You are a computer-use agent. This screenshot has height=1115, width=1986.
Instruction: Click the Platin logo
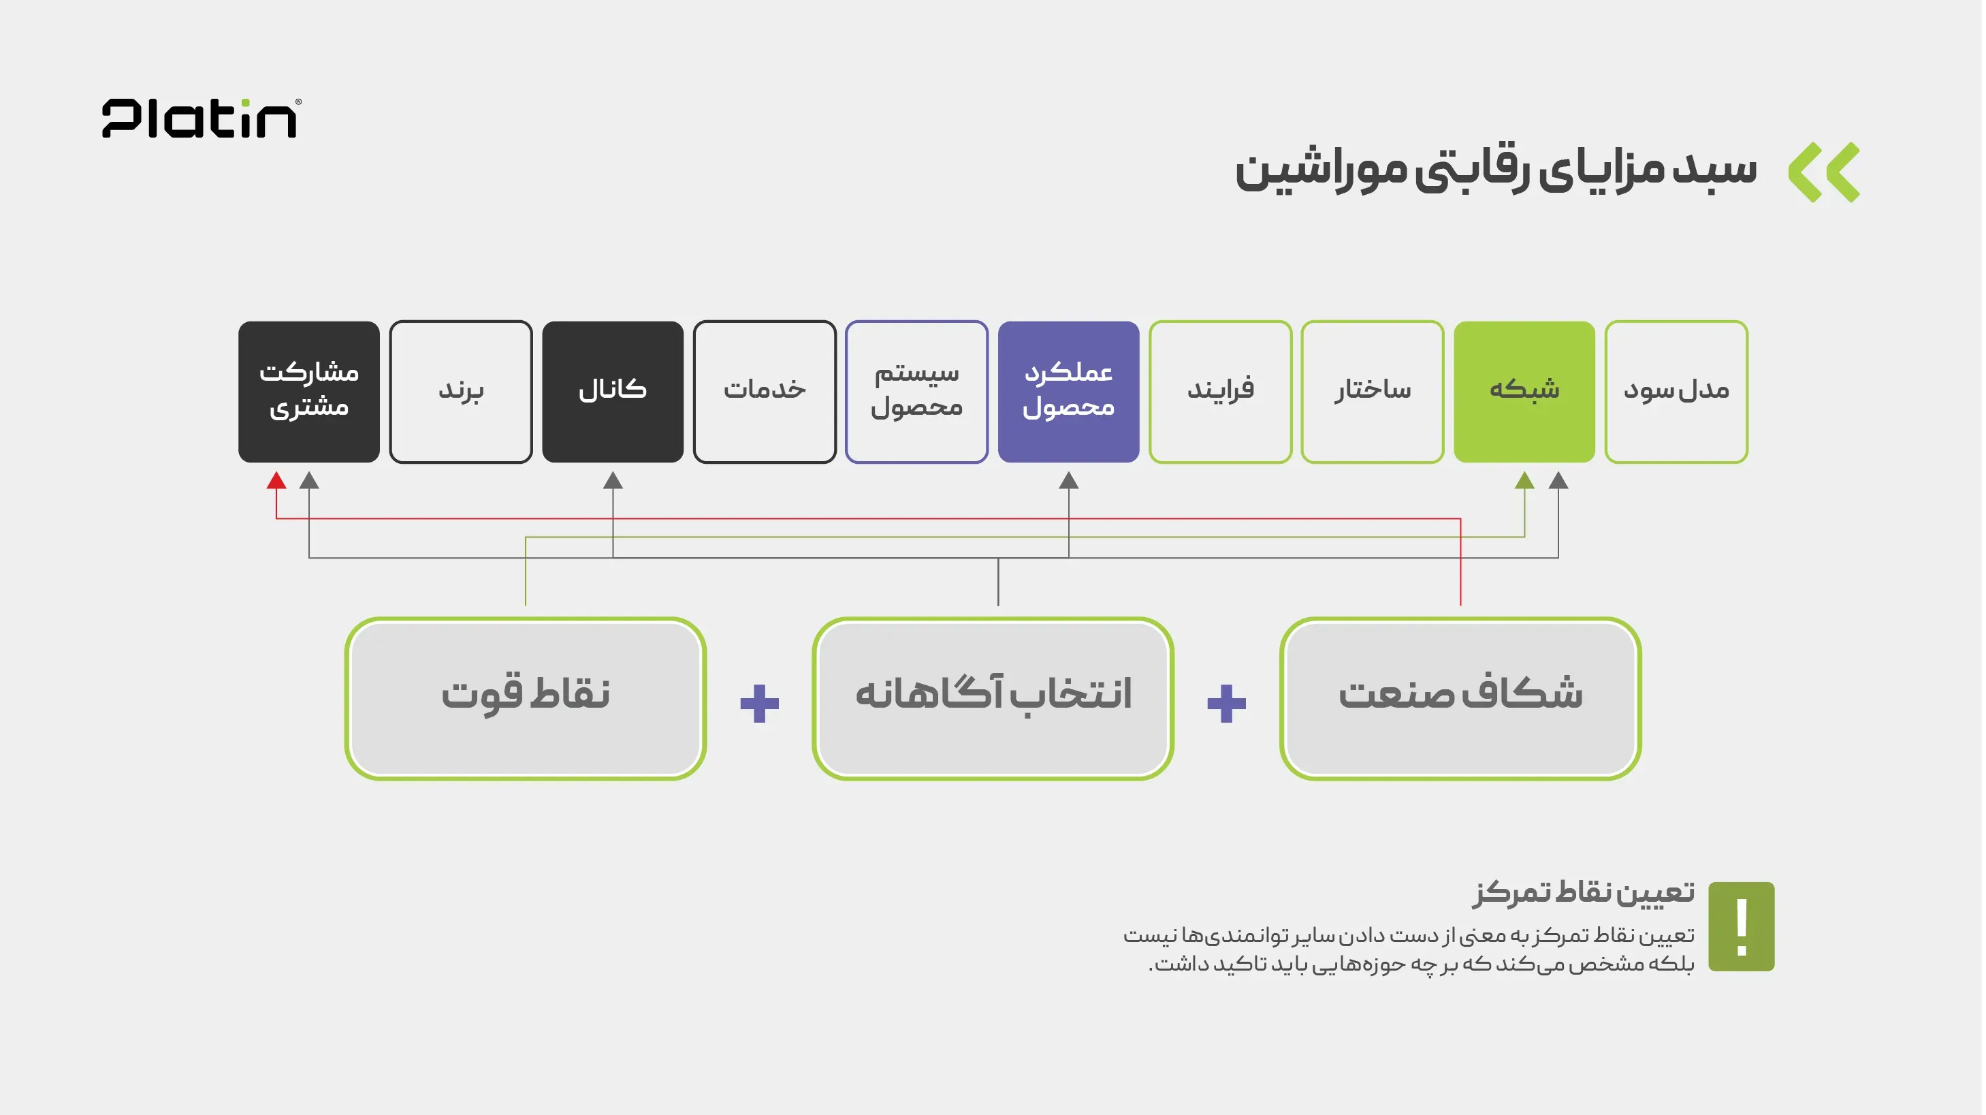pos(202,118)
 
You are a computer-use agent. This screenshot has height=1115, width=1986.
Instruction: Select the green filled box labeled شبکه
pos(1524,392)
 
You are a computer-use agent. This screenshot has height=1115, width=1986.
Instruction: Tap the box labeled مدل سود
pos(1676,392)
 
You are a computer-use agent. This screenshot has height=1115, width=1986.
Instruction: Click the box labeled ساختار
pos(1373,392)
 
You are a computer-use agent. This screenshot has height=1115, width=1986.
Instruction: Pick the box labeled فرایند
pos(1221,392)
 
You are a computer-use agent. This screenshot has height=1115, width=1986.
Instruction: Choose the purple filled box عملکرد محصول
pos(1068,392)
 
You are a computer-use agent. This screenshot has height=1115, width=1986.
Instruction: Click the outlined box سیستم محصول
pos(916,392)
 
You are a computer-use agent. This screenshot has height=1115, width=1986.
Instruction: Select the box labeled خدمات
pos(765,392)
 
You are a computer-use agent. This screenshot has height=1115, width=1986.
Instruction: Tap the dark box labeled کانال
pos(613,392)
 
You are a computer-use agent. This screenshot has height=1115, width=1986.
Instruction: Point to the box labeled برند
pos(461,392)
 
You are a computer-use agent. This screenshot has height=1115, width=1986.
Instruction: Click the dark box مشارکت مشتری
pos(309,392)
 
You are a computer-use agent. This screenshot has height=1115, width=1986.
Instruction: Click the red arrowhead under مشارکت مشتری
pos(276,480)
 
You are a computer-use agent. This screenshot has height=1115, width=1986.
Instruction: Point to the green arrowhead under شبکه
pos(1524,480)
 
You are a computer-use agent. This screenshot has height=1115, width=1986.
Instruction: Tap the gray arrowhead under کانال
pos(613,480)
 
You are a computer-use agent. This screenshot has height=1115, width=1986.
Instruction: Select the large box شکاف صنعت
pos(1460,698)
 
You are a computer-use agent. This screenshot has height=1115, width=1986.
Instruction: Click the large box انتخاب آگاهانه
pos(993,698)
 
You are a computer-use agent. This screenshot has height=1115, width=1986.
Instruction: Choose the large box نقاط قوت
pos(526,698)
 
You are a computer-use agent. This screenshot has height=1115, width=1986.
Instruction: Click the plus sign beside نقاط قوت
pos(759,703)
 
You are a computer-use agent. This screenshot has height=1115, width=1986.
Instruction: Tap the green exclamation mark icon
pos(1742,926)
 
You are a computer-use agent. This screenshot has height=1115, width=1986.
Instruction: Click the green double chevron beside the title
pos(1824,172)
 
